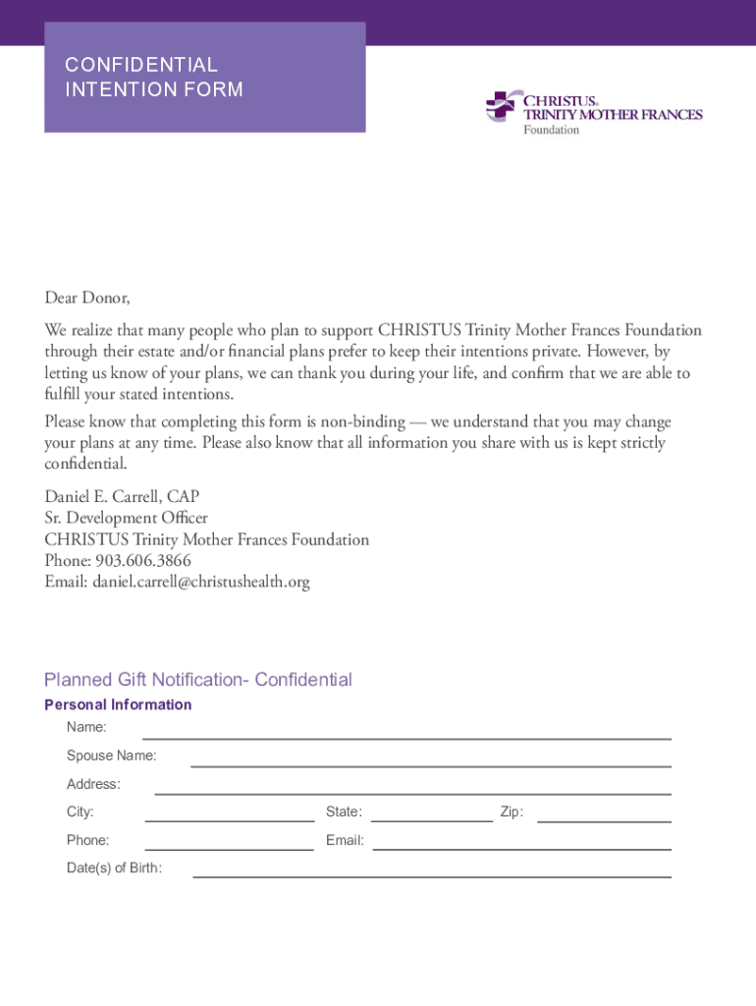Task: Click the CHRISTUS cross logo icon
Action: pos(500,105)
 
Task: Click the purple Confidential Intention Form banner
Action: pos(204,78)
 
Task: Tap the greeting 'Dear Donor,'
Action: pos(86,297)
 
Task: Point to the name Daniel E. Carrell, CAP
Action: pos(122,496)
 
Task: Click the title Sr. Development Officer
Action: pos(126,518)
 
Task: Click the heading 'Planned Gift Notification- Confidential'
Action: pos(197,680)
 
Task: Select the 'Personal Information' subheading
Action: pos(118,704)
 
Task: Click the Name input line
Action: pos(406,731)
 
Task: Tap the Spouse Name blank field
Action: pos(430,758)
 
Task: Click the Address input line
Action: pos(412,786)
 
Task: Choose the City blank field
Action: pos(229,813)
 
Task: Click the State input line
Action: pos(431,813)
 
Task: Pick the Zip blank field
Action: pos(604,813)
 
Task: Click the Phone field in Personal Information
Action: pos(229,842)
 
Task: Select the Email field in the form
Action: pos(521,842)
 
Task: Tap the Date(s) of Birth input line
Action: pos(432,869)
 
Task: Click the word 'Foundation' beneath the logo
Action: pos(551,130)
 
